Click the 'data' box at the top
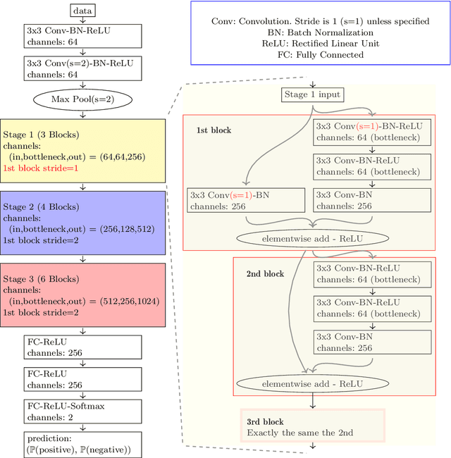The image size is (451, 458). (x=83, y=11)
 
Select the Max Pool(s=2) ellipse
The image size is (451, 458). (x=83, y=99)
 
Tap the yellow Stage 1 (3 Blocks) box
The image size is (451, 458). (x=83, y=151)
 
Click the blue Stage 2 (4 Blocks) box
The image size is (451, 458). (x=83, y=223)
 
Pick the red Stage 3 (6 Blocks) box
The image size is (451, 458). (x=83, y=295)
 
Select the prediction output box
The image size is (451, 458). (x=83, y=443)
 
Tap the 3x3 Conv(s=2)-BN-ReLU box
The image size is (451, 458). (x=83, y=68)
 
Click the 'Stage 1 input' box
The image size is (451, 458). (x=312, y=94)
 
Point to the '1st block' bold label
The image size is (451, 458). (x=214, y=130)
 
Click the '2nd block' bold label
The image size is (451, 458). (x=265, y=273)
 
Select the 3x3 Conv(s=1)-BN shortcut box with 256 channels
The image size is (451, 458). (x=246, y=200)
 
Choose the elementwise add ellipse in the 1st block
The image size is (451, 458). (x=312, y=237)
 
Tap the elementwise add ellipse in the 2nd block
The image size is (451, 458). (x=312, y=383)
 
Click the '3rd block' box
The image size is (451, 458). (x=314, y=426)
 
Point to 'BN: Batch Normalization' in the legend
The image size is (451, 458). (x=320, y=32)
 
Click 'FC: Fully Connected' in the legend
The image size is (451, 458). (x=320, y=54)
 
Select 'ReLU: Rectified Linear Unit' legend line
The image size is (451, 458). (x=320, y=43)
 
